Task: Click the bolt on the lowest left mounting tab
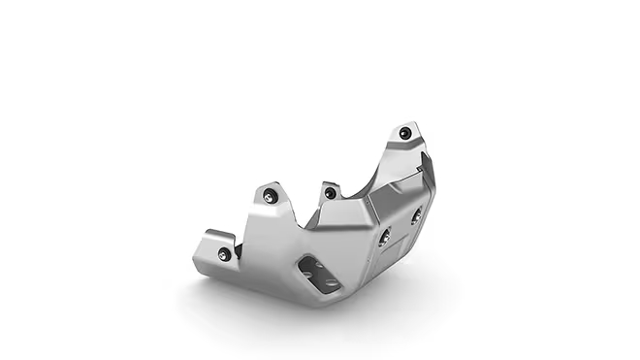click(225, 254)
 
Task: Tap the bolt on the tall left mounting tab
click(271, 198)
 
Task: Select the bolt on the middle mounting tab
click(330, 193)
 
